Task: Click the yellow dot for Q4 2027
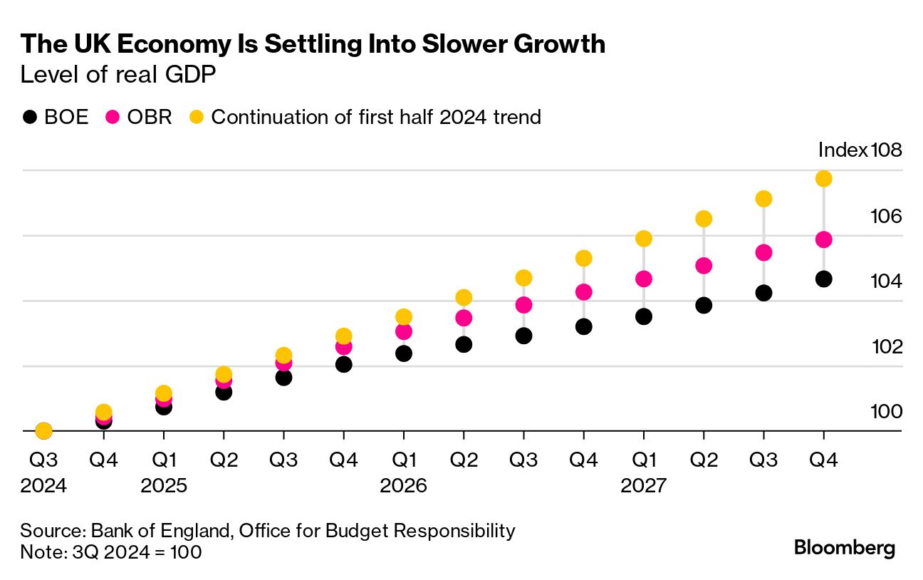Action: [823, 178]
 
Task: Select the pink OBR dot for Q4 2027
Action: [823, 239]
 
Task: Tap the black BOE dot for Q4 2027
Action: [823, 279]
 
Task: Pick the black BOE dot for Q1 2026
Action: [404, 353]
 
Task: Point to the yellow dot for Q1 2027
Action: [644, 239]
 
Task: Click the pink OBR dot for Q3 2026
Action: [523, 305]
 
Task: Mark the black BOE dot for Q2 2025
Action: [224, 392]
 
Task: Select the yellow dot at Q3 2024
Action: [43, 430]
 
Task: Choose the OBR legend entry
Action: [139, 117]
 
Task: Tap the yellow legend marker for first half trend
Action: [197, 117]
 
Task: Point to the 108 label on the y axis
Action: [887, 150]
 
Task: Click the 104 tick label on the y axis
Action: [887, 281]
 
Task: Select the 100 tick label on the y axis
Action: [887, 412]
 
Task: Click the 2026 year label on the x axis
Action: [404, 486]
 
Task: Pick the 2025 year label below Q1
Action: [164, 486]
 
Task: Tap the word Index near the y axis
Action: [843, 150]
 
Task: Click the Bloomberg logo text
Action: [845, 548]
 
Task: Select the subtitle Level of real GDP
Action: [118, 75]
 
